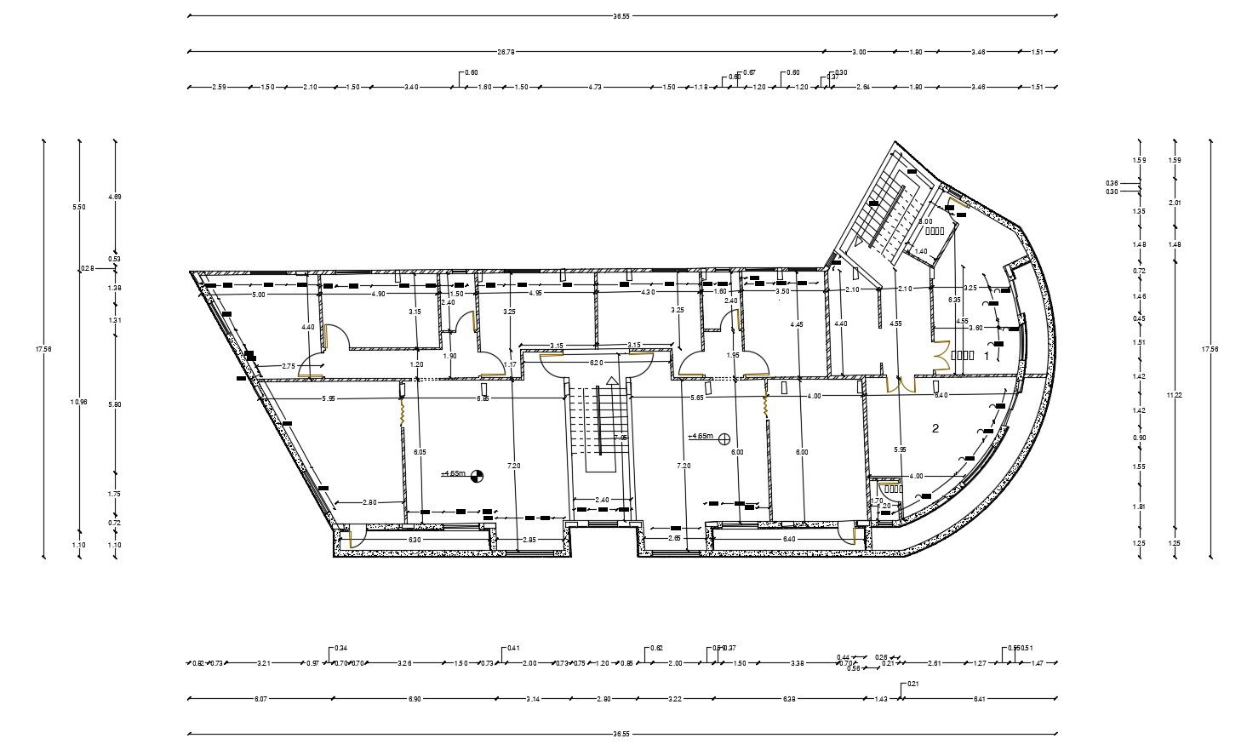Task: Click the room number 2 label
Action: coord(935,427)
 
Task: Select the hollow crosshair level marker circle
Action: coord(724,438)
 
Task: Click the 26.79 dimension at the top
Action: coord(506,52)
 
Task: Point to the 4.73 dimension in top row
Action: coord(595,87)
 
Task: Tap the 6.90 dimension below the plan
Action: coord(415,699)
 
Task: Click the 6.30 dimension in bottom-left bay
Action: coord(415,540)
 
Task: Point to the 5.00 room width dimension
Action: coord(259,294)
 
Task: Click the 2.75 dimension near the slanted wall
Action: coord(289,366)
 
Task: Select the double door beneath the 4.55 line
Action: coord(901,385)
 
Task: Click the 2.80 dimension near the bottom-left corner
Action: coord(369,502)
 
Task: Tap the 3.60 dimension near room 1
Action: coord(976,328)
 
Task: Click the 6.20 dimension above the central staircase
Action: coord(597,363)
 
